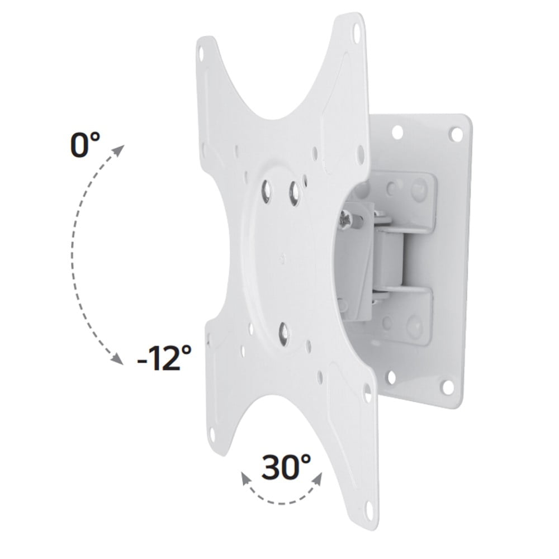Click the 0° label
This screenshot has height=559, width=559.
pos(85,145)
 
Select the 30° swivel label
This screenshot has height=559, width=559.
pos(286,467)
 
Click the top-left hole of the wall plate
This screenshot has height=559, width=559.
pos(397,132)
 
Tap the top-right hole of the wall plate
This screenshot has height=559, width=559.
pos(456,134)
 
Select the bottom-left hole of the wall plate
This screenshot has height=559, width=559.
pos(391,377)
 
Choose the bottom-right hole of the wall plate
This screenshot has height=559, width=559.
pos(447,386)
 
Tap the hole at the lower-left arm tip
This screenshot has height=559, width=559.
pos(212,433)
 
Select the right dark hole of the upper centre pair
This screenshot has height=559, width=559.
pos(294,193)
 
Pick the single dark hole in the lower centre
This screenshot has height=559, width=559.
pos(284,334)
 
